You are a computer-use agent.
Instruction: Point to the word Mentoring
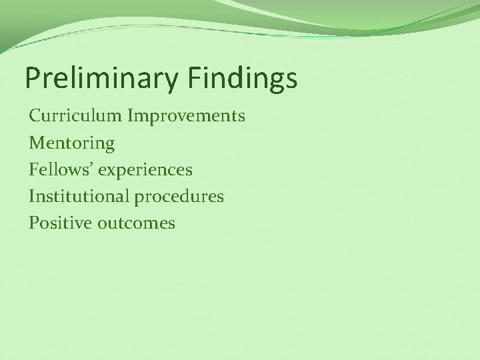[72, 143]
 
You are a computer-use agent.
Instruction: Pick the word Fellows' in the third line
[61, 170]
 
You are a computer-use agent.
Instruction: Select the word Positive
[58, 223]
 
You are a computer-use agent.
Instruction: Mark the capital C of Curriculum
[35, 116]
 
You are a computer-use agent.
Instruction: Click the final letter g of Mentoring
[110, 145]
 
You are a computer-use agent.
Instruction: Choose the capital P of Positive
[33, 223]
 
